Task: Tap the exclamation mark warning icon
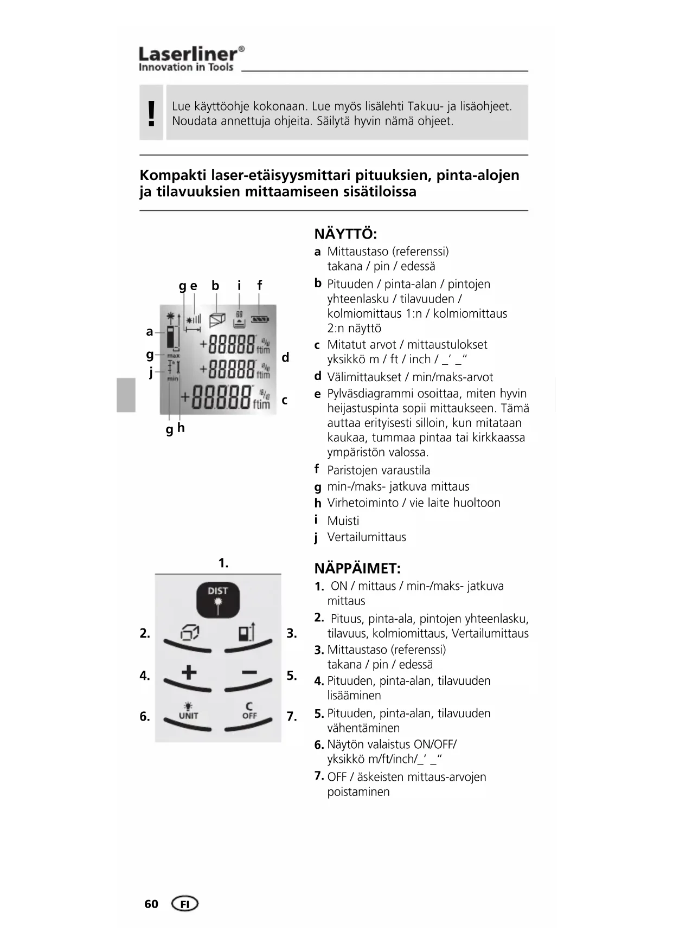[151, 113]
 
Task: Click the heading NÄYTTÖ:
[345, 234]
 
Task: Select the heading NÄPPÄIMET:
[357, 569]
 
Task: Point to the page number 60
[151, 904]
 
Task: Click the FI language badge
[184, 904]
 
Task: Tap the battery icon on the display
[260, 319]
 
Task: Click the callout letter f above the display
[259, 285]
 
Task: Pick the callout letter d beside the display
[285, 357]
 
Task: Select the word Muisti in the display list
[343, 521]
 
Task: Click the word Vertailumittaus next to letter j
[367, 537]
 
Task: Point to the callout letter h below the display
[181, 428]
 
